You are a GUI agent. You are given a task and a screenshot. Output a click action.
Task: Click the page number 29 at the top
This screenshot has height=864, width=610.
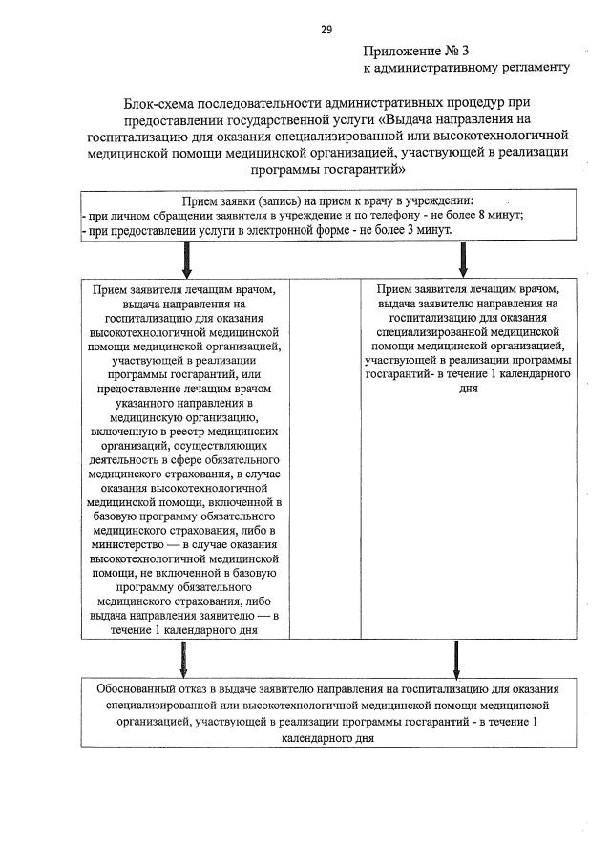click(x=326, y=30)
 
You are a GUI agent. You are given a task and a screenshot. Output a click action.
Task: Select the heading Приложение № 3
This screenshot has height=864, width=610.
click(x=416, y=51)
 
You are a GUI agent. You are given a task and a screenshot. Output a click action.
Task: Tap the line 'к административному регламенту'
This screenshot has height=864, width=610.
click(x=466, y=68)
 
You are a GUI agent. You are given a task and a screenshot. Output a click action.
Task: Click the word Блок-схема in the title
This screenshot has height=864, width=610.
click(x=159, y=102)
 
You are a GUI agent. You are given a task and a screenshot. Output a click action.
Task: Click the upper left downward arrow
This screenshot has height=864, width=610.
click(x=186, y=259)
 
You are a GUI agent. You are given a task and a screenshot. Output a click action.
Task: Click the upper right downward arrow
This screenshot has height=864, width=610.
click(x=463, y=259)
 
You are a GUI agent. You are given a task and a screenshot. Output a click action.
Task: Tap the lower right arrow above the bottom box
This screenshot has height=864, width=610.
click(x=456, y=659)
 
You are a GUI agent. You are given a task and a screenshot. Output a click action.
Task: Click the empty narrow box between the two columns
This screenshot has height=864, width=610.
click(x=325, y=458)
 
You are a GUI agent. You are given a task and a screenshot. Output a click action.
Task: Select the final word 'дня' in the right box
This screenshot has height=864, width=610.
click(x=468, y=389)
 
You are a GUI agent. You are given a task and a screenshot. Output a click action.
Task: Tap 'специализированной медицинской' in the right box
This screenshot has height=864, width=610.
click(x=468, y=330)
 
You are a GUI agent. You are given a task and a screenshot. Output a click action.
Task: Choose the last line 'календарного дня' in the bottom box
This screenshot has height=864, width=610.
click(x=326, y=739)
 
